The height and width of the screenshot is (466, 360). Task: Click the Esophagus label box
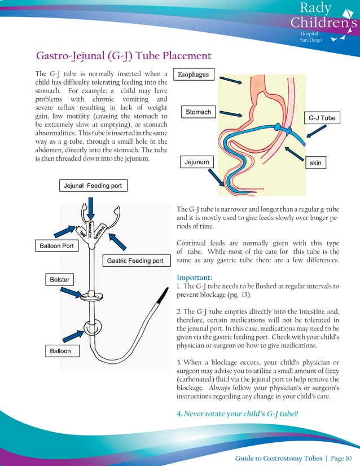pyautogui.click(x=194, y=74)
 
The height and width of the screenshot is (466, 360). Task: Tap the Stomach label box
pyautogui.click(x=199, y=112)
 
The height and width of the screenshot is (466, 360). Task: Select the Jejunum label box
pyautogui.click(x=196, y=162)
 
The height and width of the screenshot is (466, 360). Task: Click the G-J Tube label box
pyautogui.click(x=322, y=118)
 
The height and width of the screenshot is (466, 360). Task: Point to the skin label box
pyautogui.click(x=315, y=162)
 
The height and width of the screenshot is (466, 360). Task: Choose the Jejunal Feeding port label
pyautogui.click(x=93, y=185)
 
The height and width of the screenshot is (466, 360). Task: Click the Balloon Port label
pyautogui.click(x=57, y=246)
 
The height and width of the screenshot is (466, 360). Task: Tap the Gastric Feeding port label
pyautogui.click(x=135, y=261)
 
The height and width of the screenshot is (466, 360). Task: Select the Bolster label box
pyautogui.click(x=59, y=280)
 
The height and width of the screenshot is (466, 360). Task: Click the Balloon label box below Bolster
pyautogui.click(x=61, y=351)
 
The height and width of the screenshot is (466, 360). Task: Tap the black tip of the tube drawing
pyautogui.click(x=163, y=294)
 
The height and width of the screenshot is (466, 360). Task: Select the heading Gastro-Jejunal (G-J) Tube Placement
pyautogui.click(x=124, y=56)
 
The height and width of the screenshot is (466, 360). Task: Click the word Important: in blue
pyautogui.click(x=194, y=278)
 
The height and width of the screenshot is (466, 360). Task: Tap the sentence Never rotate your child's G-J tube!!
pyautogui.click(x=238, y=414)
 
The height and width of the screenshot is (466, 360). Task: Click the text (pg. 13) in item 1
pyautogui.click(x=242, y=295)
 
